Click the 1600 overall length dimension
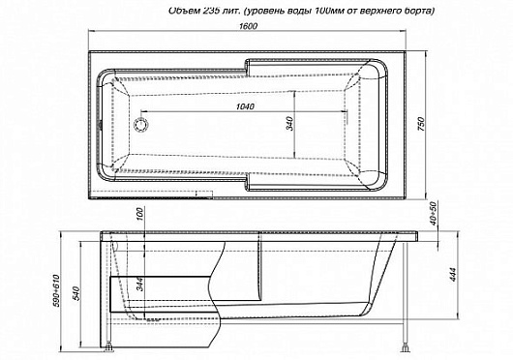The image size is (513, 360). click(249, 30)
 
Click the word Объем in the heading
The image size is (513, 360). click(145, 10)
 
